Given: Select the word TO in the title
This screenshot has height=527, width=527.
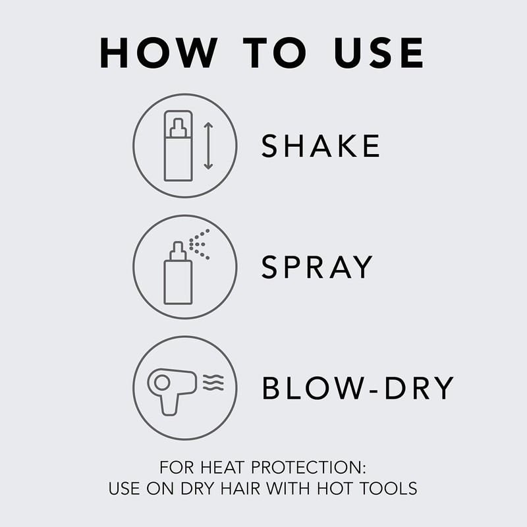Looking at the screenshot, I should point(264,52).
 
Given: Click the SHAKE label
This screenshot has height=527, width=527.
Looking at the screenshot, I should point(320,146).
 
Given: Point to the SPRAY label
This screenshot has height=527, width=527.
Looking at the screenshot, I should point(317,267).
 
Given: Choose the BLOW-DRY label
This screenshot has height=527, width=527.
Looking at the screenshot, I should point(358,388).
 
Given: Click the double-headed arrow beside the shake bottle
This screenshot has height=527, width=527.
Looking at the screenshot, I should point(209,145).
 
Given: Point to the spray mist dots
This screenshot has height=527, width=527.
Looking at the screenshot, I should point(200,244).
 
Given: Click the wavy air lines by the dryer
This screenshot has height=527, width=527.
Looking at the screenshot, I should point(211,381).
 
